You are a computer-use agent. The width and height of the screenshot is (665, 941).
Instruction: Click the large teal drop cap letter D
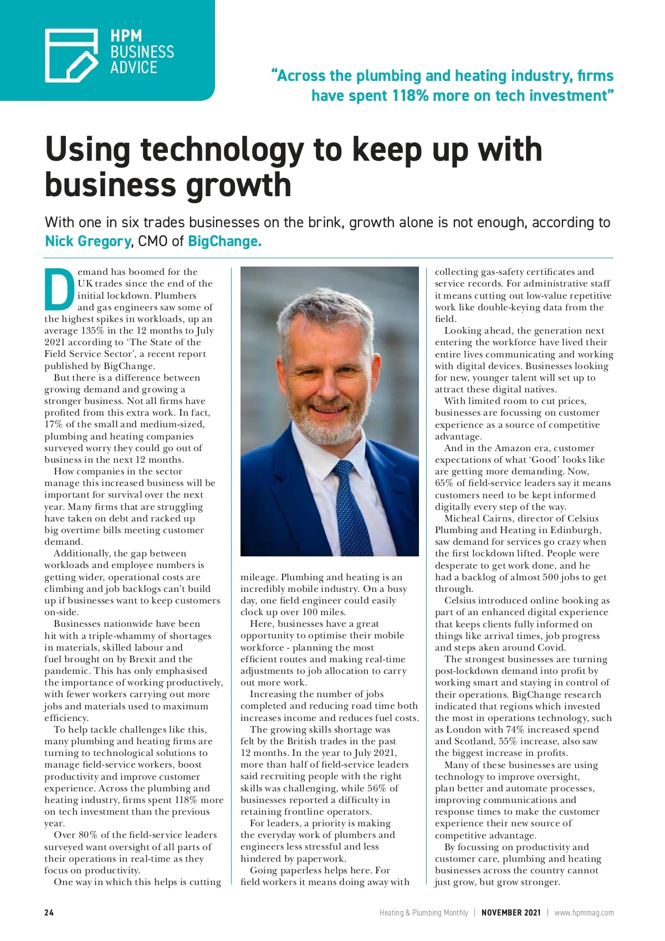(x=59, y=289)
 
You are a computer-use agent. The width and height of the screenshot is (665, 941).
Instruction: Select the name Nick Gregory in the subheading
(x=88, y=241)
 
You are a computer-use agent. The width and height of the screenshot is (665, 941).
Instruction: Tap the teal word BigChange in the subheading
(x=224, y=241)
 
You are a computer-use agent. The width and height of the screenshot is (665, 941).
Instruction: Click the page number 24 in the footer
(x=49, y=912)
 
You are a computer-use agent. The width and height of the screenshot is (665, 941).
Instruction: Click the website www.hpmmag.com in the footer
(x=584, y=912)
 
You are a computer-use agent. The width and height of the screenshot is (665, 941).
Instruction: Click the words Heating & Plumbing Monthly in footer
(x=423, y=912)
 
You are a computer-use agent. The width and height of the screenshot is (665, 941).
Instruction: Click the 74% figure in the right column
(x=515, y=729)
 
